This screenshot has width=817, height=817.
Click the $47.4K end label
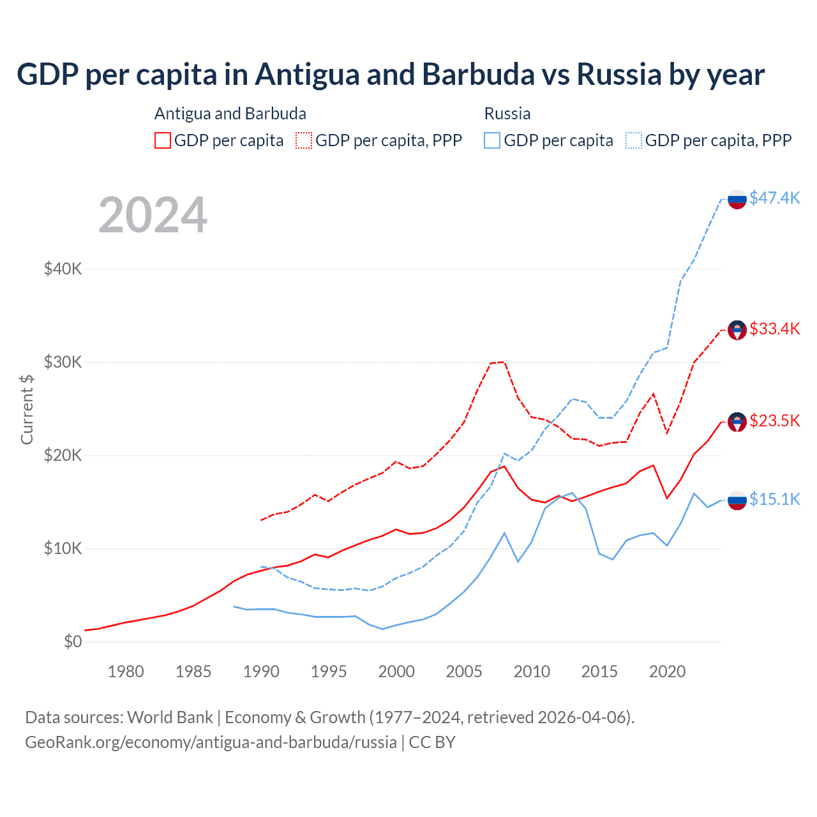pyautogui.click(x=774, y=198)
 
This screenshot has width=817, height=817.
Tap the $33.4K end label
pyautogui.click(x=774, y=329)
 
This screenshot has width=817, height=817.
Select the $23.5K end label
pyautogui.click(x=774, y=421)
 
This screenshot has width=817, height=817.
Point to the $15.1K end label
pyautogui.click(x=774, y=499)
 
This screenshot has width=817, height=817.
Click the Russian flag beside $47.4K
pyautogui.click(x=737, y=200)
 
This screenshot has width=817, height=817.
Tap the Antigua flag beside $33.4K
pyautogui.click(x=737, y=330)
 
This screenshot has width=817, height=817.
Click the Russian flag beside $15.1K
pyautogui.click(x=737, y=500)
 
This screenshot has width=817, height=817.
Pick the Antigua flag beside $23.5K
pyautogui.click(x=737, y=422)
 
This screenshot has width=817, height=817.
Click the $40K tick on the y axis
pyautogui.click(x=63, y=269)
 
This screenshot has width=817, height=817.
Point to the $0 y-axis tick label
pyautogui.click(x=73, y=641)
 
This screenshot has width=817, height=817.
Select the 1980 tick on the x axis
pyautogui.click(x=126, y=671)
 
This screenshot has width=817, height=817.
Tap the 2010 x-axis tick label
pyautogui.click(x=532, y=671)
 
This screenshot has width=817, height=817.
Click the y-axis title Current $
pyautogui.click(x=27, y=409)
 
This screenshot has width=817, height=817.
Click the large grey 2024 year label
pyautogui.click(x=153, y=215)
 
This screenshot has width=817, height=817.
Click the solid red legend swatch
pyautogui.click(x=163, y=140)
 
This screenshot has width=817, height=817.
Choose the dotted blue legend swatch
pyautogui.click(x=634, y=140)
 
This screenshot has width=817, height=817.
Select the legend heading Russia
pyautogui.click(x=507, y=114)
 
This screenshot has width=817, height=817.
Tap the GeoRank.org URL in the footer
pyautogui.click(x=211, y=742)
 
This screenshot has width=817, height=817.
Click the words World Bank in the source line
pyautogui.click(x=170, y=717)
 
